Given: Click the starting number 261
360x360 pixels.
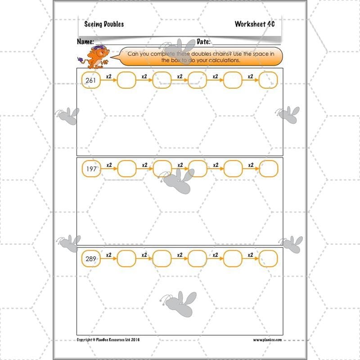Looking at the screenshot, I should coord(91,80).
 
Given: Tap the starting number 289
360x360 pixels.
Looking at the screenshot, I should coord(91,258).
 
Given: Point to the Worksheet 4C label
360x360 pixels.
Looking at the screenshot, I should coord(254,24).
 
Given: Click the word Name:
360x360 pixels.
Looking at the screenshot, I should coord(85,42).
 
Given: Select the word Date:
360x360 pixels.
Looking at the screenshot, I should coord(204,42).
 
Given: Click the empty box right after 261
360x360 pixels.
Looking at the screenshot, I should coord(126,80).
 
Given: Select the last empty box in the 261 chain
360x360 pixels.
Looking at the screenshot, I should coord(269,80).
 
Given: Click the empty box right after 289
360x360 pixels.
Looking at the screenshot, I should coord(126,258).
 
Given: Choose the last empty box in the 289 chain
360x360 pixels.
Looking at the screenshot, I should coord(269,258).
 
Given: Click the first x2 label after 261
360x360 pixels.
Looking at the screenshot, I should coord(108,76).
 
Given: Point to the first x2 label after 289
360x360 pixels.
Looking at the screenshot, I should coord(108,255).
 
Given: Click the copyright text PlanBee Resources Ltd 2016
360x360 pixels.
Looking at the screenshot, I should coord(108,340).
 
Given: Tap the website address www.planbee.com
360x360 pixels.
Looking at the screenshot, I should coord(267,340).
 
